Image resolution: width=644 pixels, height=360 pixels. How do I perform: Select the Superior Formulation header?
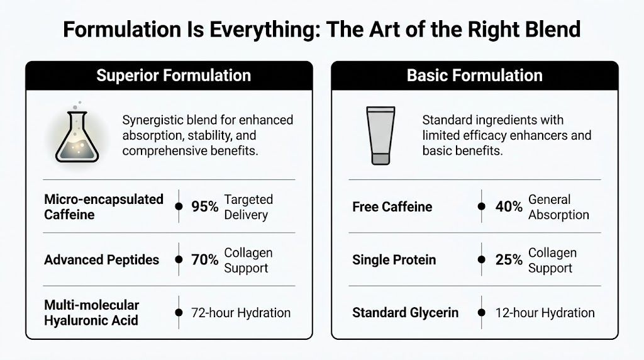[x=174, y=76]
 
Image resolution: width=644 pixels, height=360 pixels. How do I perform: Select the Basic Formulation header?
[x=474, y=76]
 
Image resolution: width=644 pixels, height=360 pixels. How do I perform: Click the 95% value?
[x=205, y=206]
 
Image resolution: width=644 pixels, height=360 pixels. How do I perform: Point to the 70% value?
[x=205, y=260]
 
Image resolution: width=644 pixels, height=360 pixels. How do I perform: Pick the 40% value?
[x=509, y=206]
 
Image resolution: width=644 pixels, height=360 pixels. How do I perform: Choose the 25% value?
[x=509, y=260]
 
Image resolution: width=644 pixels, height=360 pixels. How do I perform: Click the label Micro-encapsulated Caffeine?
[x=104, y=206]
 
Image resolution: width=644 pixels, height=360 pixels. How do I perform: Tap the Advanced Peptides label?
[x=102, y=260]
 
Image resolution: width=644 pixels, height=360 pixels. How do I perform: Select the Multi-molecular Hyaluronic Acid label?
[x=92, y=312]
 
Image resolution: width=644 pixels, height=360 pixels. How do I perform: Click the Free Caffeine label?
[x=392, y=206]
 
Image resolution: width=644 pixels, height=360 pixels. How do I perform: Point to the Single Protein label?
[x=394, y=260]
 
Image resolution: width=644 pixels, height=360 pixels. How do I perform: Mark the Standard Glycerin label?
[x=406, y=312]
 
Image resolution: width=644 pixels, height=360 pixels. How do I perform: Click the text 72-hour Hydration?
[x=241, y=312]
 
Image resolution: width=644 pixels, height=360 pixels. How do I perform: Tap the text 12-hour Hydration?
[x=545, y=312]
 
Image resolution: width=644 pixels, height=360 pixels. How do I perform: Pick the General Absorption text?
[x=558, y=206]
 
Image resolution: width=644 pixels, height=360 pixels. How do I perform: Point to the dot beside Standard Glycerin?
[x=482, y=312]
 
